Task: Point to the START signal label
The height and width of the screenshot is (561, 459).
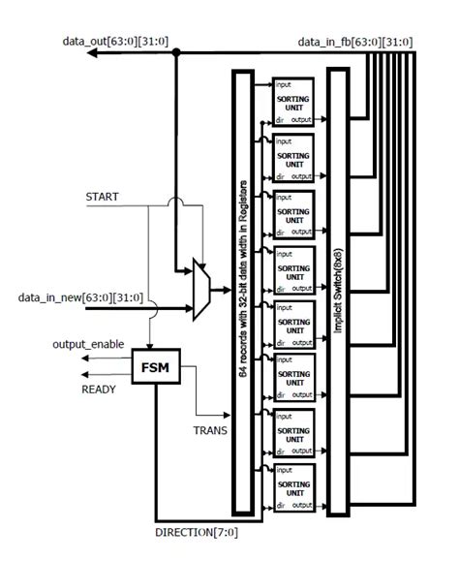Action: pos(102,197)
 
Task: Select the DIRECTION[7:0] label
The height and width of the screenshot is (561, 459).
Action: pos(198,532)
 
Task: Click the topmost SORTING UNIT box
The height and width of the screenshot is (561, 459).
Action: pos(293,100)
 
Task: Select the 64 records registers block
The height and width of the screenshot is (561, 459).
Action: pos(244,290)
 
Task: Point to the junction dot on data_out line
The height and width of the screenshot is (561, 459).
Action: pos(175,54)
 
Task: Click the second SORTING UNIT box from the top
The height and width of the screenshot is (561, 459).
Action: pos(293,156)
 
